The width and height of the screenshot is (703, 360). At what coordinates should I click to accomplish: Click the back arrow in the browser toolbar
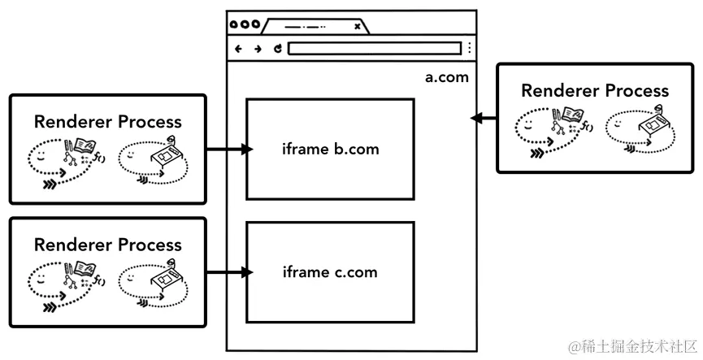pos(239,49)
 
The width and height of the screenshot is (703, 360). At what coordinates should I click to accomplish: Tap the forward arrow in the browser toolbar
pos(258,49)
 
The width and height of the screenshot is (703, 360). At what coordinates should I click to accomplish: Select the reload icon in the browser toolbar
pos(277,49)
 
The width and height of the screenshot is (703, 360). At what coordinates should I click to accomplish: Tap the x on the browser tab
pos(357,26)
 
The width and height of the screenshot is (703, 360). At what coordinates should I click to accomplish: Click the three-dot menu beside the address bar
pos(469,49)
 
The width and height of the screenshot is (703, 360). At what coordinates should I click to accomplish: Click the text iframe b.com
pos(331,150)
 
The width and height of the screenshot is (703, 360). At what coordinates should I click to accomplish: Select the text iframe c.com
pos(330,272)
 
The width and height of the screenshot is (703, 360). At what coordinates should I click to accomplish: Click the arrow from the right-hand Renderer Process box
pos(484,119)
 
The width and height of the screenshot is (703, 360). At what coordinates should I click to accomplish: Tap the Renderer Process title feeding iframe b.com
pos(108,122)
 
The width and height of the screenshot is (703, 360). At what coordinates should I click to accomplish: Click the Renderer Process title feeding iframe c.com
pos(108,245)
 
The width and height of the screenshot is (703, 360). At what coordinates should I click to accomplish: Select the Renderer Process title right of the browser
pos(595,90)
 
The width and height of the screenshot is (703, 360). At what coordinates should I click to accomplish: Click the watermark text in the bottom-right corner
pos(632,347)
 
